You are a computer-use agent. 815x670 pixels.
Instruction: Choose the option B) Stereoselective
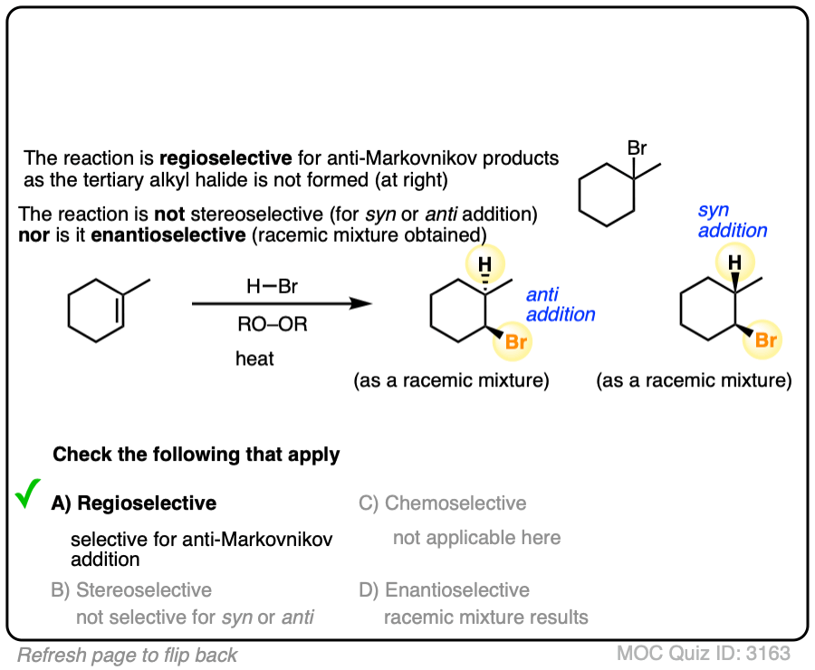pos(131,590)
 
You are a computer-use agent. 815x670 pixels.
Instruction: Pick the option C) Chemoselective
pos(442,503)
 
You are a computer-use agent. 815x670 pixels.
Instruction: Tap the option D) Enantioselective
pos(444,590)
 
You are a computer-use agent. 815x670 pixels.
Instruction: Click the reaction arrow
pos(282,304)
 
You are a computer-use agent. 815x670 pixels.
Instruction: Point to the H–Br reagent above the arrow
pos(272,286)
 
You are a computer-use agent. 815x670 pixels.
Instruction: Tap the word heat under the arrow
pos(254,359)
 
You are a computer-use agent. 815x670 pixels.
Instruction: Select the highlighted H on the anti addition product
pos(485,263)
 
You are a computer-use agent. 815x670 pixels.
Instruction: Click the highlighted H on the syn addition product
pos(736,263)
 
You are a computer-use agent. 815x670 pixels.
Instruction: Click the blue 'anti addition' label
pos(560,305)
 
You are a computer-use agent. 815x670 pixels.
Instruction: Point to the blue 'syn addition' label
pos(732,220)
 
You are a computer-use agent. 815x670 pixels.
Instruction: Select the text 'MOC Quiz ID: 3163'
pos(704,653)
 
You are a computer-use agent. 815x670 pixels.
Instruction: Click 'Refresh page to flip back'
pos(127,655)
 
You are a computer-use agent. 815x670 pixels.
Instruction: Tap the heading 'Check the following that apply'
pos(197,455)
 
